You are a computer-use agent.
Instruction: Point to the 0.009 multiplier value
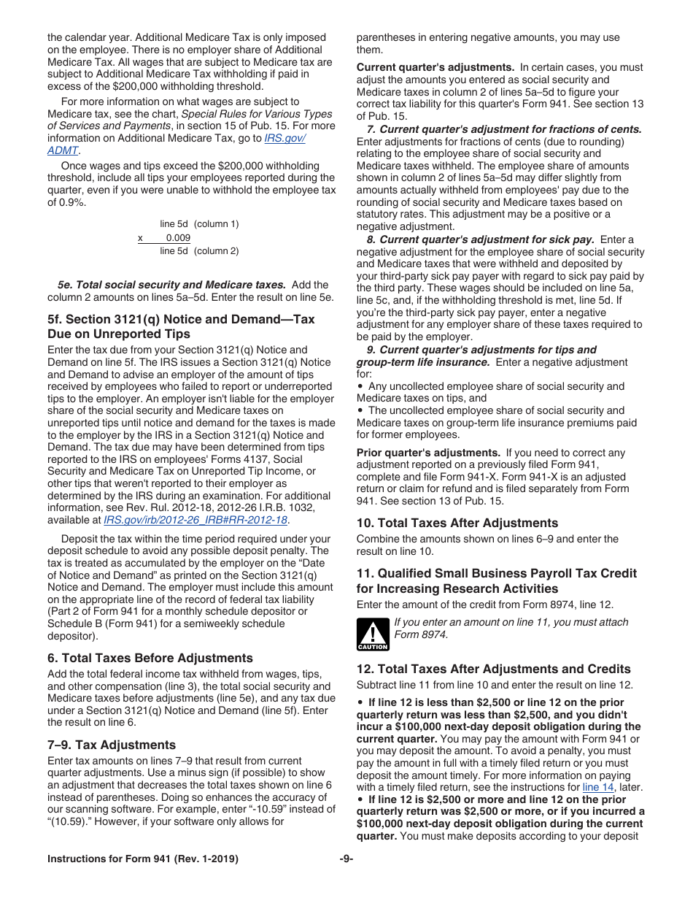pyautogui.click(x=178, y=238)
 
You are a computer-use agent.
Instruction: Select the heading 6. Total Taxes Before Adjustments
pyautogui.click(x=150, y=658)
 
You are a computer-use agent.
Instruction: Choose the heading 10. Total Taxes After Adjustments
pyautogui.click(x=457, y=523)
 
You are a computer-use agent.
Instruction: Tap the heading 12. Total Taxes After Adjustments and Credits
pyautogui.click(x=494, y=669)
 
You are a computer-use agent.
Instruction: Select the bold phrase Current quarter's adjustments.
pyautogui.click(x=435, y=67)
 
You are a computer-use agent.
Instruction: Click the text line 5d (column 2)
pyautogui.click(x=199, y=251)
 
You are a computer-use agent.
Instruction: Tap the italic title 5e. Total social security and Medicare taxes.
pyautogui.click(x=172, y=285)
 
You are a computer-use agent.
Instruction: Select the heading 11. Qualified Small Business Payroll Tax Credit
pyautogui.click(x=497, y=573)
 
